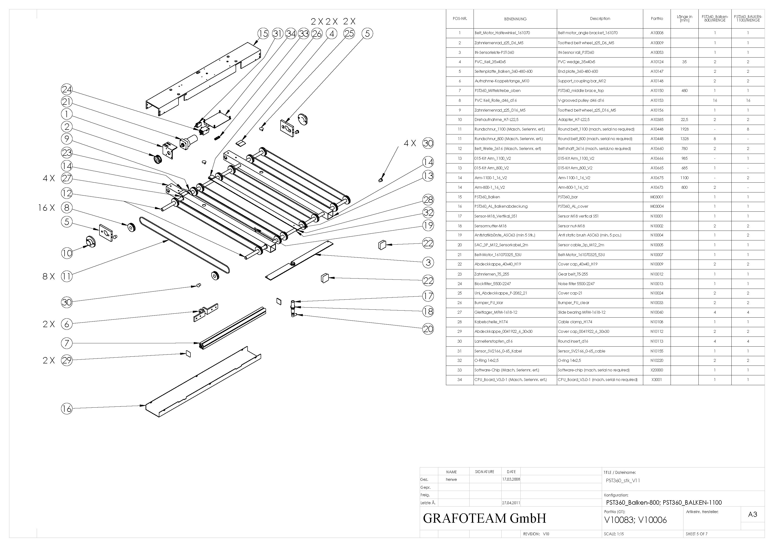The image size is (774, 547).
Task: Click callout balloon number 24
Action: (67, 89)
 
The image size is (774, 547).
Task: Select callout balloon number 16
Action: (67, 409)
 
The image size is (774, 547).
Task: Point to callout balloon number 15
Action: (263, 34)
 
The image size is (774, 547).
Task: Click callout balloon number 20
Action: (428, 329)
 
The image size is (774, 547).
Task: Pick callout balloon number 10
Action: (67, 253)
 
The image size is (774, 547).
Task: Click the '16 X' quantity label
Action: (47, 208)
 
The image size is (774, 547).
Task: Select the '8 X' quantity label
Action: (48, 277)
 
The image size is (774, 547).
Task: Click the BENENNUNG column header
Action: (515, 19)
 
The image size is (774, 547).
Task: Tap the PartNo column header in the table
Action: (657, 18)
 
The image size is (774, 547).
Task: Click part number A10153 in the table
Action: (657, 100)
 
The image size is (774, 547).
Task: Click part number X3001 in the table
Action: (657, 380)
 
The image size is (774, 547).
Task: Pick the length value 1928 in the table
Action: (684, 129)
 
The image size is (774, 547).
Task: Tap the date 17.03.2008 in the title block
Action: (511, 479)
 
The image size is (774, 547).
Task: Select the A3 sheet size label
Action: (752, 514)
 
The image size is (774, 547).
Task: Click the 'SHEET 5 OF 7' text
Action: (697, 534)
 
